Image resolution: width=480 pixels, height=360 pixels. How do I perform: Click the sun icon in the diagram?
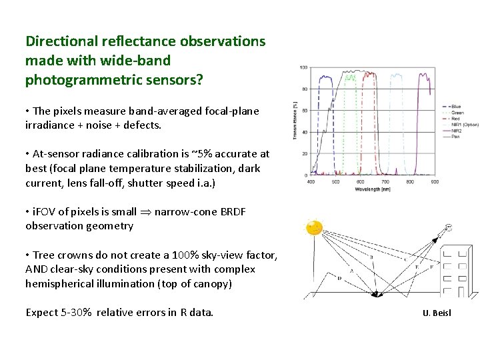[313, 228]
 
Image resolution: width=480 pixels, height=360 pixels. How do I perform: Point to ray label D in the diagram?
[339, 278]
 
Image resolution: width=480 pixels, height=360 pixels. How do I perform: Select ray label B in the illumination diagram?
[371, 257]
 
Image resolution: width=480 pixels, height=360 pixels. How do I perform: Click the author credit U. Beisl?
[437, 312]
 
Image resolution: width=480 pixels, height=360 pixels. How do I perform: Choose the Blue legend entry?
[456, 107]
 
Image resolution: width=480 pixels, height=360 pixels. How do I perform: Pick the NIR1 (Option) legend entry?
[465, 125]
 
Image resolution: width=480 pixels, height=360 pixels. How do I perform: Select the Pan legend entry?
[455, 137]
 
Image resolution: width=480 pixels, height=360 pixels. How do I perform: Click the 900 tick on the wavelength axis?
[434, 181]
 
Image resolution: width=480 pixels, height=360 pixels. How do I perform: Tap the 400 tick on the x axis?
[311, 181]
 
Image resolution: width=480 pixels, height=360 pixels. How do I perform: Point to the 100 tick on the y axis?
[303, 68]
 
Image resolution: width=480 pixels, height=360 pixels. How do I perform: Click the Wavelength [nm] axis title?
[372, 189]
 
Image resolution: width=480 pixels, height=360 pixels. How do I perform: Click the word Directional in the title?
[61, 41]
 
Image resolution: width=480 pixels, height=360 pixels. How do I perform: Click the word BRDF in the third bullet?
[232, 211]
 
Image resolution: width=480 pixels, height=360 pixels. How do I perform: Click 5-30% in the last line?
[75, 312]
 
